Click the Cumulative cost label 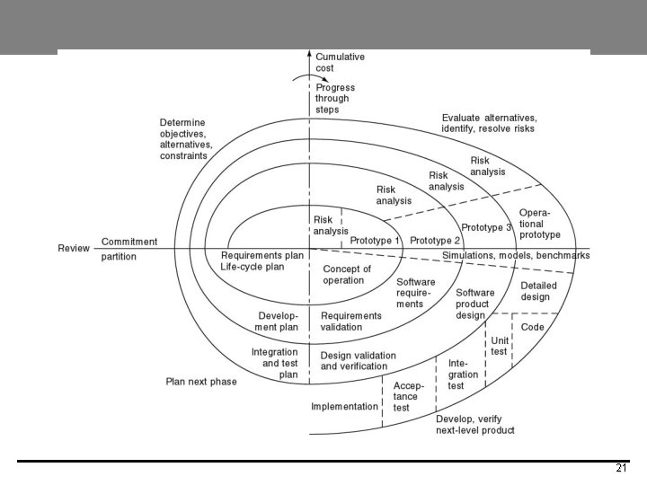pyautogui.click(x=340, y=62)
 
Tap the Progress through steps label pyautogui.click(x=334, y=99)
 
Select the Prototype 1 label pyautogui.click(x=375, y=241)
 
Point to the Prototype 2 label pyautogui.click(x=435, y=241)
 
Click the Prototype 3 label pyautogui.click(x=486, y=227)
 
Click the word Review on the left pyautogui.click(x=73, y=247)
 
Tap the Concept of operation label pyautogui.click(x=347, y=275)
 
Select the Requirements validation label pyautogui.click(x=350, y=322)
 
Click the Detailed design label pyautogui.click(x=539, y=292)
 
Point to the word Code pyautogui.click(x=533, y=327)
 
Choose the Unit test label pyautogui.click(x=500, y=346)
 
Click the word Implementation pyautogui.click(x=344, y=406)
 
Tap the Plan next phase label pyautogui.click(x=201, y=382)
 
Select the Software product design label pyautogui.click(x=474, y=304)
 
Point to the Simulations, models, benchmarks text pyautogui.click(x=516, y=256)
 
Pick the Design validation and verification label pyautogui.click(x=358, y=361)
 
